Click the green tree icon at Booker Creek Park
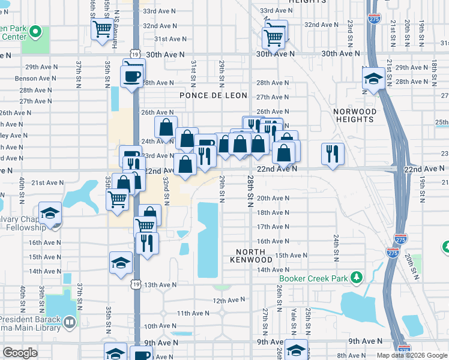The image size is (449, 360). coord(357,277)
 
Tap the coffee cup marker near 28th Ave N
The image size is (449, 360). coord(131,77)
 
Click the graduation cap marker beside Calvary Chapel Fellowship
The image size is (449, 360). coord(50,212)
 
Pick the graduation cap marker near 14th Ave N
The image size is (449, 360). coord(121,262)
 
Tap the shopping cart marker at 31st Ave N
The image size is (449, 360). coord(274,38)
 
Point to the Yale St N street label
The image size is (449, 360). coord(294,322)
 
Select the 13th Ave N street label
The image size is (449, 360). coord(160,284)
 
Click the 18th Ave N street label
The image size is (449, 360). coord(273,212)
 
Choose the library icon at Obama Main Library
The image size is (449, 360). coord(70,323)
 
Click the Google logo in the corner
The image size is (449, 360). coord(20,353)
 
